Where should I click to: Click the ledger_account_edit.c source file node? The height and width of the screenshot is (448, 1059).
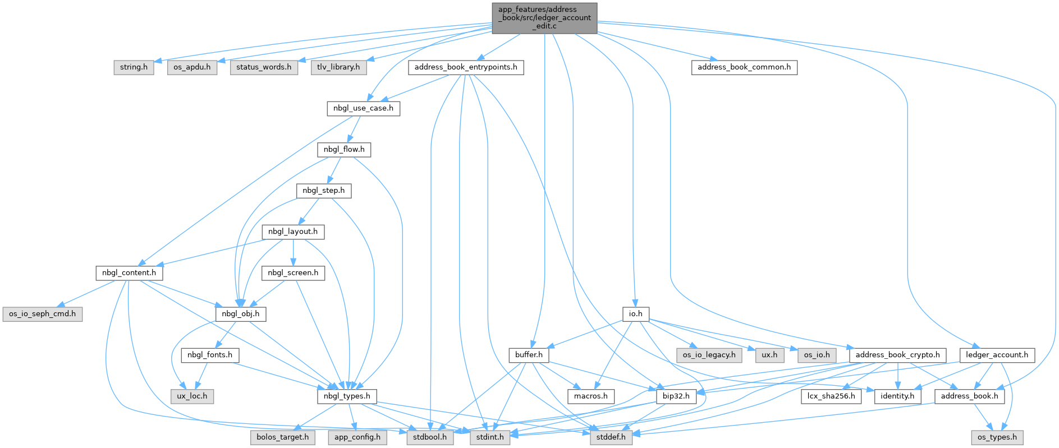click(544, 18)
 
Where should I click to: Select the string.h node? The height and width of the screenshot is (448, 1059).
click(134, 67)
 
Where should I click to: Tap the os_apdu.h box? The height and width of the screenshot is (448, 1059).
click(192, 67)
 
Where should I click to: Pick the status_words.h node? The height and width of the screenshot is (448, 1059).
click(264, 67)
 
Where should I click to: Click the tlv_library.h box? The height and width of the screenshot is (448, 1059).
click(338, 67)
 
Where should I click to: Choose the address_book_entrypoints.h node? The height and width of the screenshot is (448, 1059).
click(466, 67)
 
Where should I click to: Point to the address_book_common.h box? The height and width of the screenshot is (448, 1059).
click(744, 67)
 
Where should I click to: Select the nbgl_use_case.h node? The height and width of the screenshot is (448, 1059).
click(363, 108)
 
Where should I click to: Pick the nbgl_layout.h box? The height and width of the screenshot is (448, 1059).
click(293, 232)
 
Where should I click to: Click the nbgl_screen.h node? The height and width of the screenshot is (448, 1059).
click(293, 273)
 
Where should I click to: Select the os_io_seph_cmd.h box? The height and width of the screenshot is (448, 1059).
click(42, 314)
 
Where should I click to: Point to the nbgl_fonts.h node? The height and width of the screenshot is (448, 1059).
click(210, 355)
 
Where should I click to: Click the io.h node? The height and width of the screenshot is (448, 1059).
click(635, 314)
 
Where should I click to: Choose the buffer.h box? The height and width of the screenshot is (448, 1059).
click(529, 355)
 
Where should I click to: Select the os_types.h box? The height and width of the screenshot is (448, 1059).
click(997, 437)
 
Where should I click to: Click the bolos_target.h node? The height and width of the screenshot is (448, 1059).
click(282, 437)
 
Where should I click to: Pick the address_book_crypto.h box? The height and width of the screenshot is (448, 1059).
click(897, 355)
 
